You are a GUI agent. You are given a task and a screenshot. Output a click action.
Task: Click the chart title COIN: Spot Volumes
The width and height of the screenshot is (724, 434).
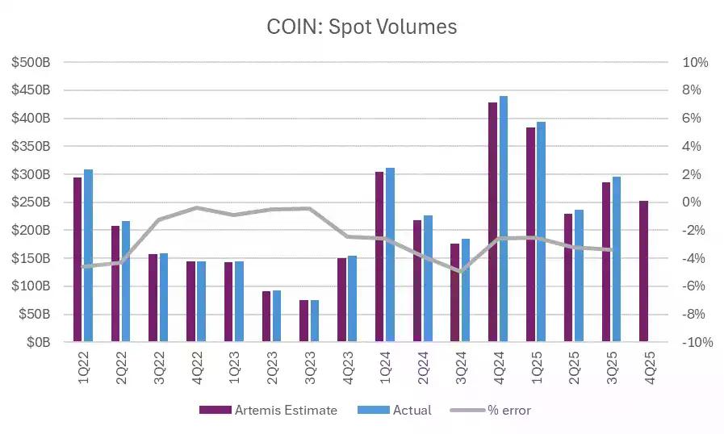tap(362, 27)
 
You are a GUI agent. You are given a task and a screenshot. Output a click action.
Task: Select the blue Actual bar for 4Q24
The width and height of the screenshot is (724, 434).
tap(504, 219)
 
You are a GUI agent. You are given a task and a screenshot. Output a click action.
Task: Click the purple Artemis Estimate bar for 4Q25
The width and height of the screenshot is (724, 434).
tap(644, 272)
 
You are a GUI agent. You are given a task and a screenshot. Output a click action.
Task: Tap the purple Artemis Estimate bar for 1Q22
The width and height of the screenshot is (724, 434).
tap(77, 260)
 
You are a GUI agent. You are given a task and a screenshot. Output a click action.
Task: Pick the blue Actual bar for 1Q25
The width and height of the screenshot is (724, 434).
tap(541, 232)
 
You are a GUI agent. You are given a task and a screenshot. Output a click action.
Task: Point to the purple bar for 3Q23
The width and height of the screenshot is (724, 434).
tap(303, 321)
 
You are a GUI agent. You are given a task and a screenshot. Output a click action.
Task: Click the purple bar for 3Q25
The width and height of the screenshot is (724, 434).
tap(606, 262)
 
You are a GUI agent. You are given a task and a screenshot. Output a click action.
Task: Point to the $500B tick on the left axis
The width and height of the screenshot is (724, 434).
tap(31, 62)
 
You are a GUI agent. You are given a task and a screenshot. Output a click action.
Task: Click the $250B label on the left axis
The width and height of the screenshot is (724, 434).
tap(31, 202)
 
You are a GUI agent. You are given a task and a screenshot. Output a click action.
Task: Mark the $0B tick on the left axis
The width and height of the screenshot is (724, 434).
tap(37, 342)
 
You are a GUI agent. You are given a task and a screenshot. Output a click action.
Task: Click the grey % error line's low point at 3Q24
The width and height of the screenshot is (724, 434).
tap(460, 272)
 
